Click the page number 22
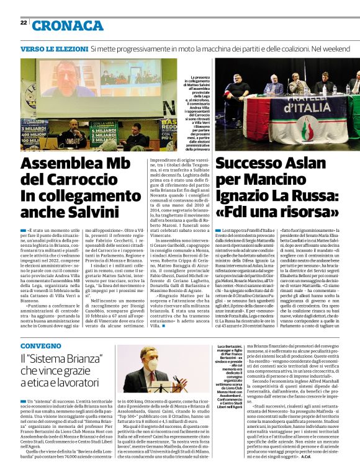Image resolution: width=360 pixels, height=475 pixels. pos(23,23)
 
